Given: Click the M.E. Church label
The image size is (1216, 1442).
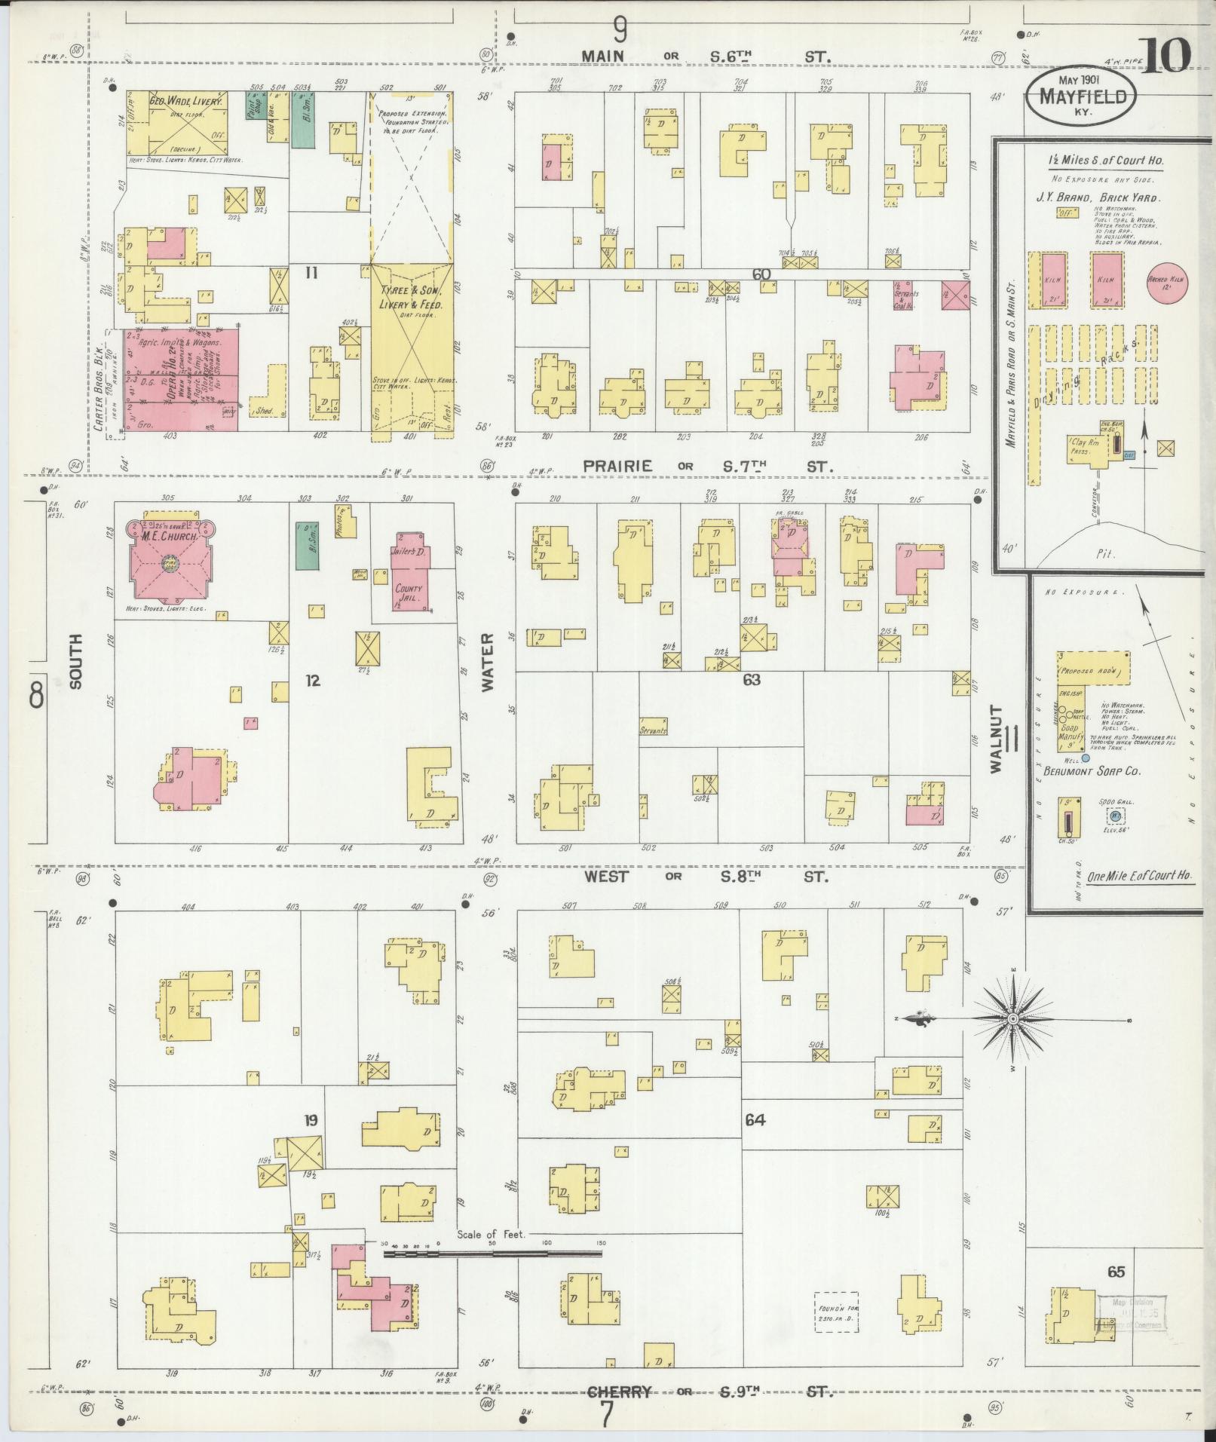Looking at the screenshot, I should [170, 536].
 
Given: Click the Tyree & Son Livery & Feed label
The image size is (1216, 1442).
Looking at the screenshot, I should [411, 298].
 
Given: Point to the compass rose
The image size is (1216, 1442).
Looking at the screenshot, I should [1013, 1019].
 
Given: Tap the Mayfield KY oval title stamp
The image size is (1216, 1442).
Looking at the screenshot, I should [1082, 97].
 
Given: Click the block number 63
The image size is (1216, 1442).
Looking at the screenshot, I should [751, 680].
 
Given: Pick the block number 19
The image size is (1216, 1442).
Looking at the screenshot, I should [311, 1120].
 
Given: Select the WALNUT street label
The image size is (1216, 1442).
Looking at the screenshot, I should [997, 739].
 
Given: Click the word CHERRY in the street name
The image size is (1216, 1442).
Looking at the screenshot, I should [619, 1392].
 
